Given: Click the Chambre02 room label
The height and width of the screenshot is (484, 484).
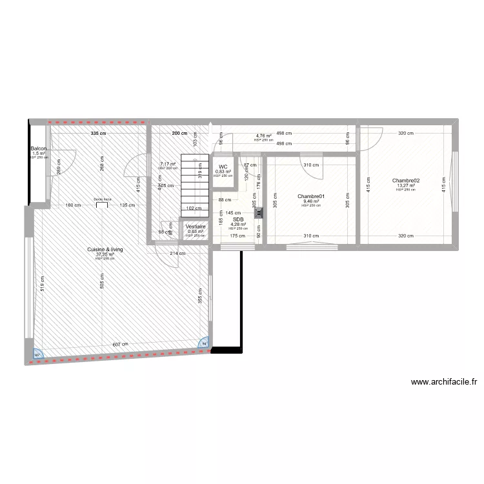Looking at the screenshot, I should [406, 181].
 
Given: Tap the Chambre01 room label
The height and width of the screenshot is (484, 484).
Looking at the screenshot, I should [311, 196].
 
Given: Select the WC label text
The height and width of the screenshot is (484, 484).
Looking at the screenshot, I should [223, 166].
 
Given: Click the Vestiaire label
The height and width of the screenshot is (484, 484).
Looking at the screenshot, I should [195, 227].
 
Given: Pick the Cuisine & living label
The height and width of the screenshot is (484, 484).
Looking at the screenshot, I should [105, 249].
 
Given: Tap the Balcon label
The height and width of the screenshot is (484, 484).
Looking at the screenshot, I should [38, 149].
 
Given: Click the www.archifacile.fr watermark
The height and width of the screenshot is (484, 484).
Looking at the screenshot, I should [443, 382].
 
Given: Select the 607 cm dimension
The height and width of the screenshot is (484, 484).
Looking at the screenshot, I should [121, 344].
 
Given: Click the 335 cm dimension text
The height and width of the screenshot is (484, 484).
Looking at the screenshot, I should [98, 134].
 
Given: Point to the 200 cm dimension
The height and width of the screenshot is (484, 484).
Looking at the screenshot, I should [180, 134].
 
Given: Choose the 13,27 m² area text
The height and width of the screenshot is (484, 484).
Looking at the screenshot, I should [406, 186].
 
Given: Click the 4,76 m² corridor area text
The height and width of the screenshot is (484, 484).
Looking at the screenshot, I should [263, 136].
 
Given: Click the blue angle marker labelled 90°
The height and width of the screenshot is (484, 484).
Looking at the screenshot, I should [38, 354].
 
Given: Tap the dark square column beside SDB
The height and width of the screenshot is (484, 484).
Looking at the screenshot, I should [258, 210].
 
